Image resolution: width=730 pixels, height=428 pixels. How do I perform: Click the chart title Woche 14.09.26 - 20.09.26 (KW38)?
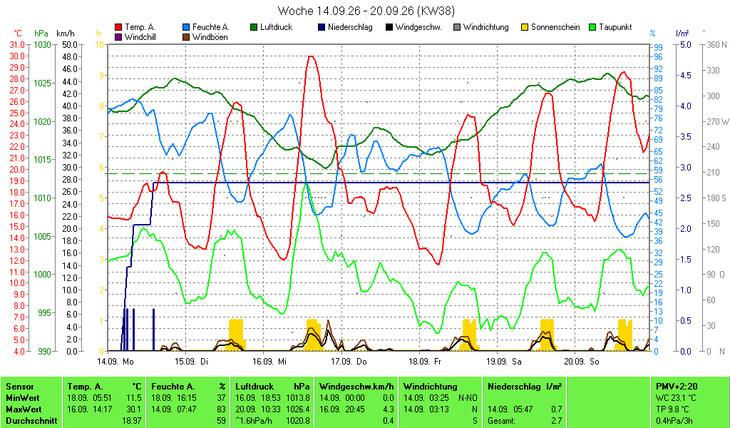click(x=366, y=10)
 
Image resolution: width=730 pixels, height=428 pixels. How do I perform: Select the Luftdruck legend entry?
click(x=272, y=27)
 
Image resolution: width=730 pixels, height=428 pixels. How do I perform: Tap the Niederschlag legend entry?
click(x=345, y=27)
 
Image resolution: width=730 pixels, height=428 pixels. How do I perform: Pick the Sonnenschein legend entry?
click(x=551, y=27)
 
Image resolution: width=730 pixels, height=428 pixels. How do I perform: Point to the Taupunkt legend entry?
click(x=610, y=27)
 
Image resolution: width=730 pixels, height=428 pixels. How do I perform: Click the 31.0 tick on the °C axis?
click(x=17, y=45)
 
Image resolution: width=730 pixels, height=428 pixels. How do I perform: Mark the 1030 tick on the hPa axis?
click(x=42, y=45)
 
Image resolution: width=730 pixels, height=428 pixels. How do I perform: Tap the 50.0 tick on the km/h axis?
click(x=70, y=45)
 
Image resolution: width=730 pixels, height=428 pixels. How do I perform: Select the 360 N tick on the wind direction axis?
click(x=716, y=45)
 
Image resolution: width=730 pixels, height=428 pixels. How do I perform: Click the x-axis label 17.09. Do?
click(x=349, y=362)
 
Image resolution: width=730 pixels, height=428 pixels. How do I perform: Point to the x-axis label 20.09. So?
click(x=582, y=362)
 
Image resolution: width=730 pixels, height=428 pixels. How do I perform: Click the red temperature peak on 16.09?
click(x=311, y=56)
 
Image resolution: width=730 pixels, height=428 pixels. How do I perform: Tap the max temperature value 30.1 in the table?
click(x=134, y=409)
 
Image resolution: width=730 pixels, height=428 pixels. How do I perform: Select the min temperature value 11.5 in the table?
click(x=134, y=398)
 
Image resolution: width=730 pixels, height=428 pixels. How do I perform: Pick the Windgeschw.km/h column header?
click(x=356, y=387)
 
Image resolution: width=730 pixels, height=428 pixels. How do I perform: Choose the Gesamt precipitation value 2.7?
click(x=557, y=421)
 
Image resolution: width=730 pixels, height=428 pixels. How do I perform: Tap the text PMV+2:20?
click(x=677, y=387)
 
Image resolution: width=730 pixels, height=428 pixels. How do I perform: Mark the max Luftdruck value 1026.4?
click(x=299, y=409)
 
